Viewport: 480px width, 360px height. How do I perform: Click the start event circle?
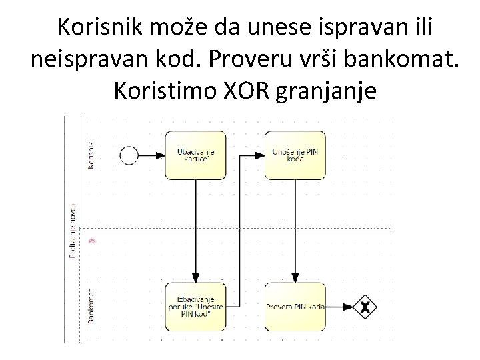click(x=129, y=155)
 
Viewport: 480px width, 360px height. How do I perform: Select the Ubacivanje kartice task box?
click(x=195, y=155)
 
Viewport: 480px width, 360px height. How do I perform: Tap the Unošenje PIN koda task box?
click(x=295, y=155)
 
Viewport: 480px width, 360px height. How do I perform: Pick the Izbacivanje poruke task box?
click(x=195, y=307)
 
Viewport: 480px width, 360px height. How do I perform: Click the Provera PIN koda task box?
click(x=295, y=307)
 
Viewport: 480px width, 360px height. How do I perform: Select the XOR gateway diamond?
click(x=365, y=307)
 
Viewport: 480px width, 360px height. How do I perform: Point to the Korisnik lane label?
click(x=91, y=152)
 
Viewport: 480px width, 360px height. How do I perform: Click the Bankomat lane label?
click(x=91, y=305)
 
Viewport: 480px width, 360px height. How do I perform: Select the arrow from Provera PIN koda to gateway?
click(x=339, y=307)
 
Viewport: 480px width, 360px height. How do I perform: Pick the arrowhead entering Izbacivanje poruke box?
click(x=196, y=278)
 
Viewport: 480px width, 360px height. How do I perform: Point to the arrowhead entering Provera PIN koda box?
click(x=295, y=278)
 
